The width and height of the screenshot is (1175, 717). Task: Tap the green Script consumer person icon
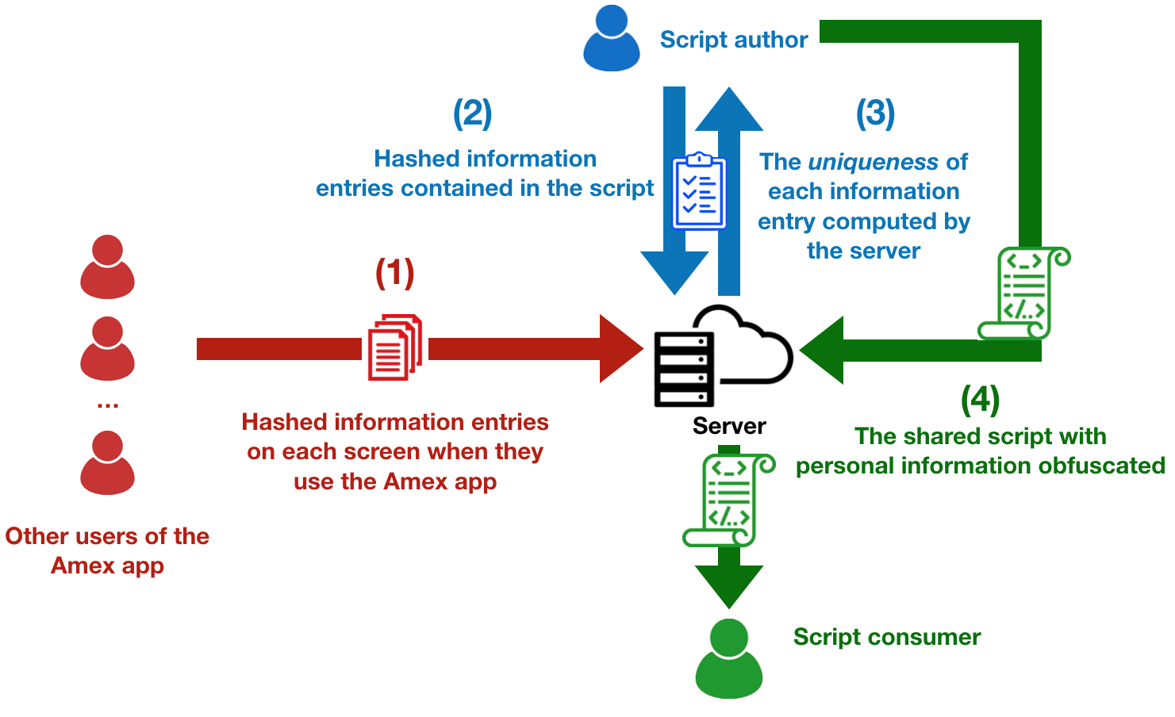click(x=728, y=658)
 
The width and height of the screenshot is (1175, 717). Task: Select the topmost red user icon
click(x=107, y=266)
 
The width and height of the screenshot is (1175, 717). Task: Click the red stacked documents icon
click(x=394, y=347)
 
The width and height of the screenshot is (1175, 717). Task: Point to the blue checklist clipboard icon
click(x=699, y=190)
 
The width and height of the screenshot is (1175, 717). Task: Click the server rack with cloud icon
click(x=722, y=357)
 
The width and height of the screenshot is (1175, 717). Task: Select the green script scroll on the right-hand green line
click(x=1023, y=293)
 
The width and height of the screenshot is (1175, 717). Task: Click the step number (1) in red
click(x=394, y=273)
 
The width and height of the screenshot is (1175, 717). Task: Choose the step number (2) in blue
click(x=472, y=113)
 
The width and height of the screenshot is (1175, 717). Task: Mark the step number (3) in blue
click(x=875, y=113)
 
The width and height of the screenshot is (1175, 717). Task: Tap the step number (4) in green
click(x=980, y=399)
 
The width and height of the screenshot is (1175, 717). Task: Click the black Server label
click(x=729, y=426)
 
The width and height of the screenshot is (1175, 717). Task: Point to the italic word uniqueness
click(x=873, y=162)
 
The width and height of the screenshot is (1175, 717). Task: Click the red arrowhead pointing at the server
click(x=619, y=349)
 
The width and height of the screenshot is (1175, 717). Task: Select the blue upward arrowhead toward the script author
click(x=728, y=111)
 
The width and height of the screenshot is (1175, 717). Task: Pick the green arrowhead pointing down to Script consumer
click(x=728, y=584)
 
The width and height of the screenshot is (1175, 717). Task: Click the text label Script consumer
click(x=887, y=637)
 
